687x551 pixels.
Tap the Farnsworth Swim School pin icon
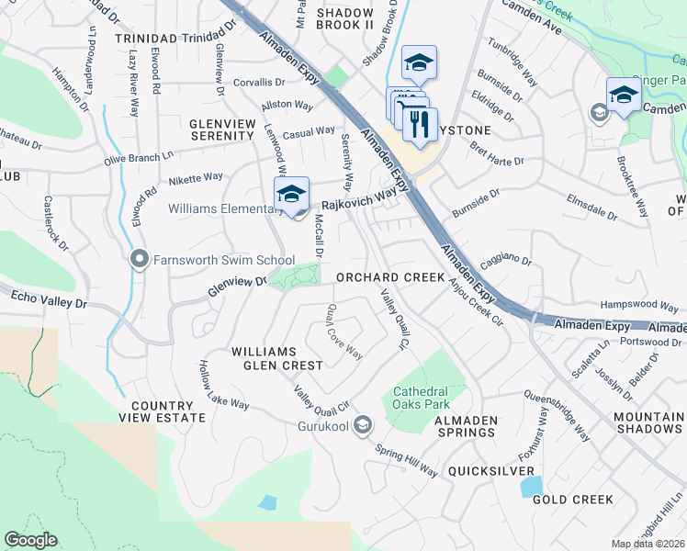point(140,260)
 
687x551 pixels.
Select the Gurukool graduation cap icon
point(364,424)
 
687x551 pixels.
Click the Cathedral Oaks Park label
point(433,397)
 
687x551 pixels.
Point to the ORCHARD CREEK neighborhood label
point(390,277)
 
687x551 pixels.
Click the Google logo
point(30,540)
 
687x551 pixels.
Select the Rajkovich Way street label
point(358,195)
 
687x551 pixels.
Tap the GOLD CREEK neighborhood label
point(572,500)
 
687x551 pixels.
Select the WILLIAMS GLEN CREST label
point(276,358)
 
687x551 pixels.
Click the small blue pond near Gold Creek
point(530,486)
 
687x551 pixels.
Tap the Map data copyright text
point(648,544)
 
